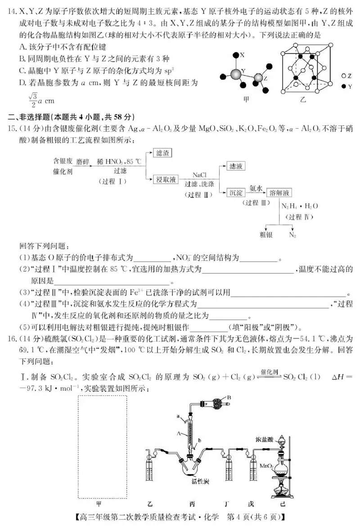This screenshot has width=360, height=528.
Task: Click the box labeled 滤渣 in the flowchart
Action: click(x=162, y=153)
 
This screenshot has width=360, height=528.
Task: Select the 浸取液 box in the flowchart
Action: click(x=165, y=179)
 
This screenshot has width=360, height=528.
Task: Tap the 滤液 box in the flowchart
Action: click(x=237, y=166)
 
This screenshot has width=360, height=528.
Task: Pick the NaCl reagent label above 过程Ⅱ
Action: click(x=199, y=174)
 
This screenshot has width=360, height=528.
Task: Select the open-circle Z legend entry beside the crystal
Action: click(x=347, y=75)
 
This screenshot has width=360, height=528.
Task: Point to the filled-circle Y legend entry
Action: click(x=347, y=86)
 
